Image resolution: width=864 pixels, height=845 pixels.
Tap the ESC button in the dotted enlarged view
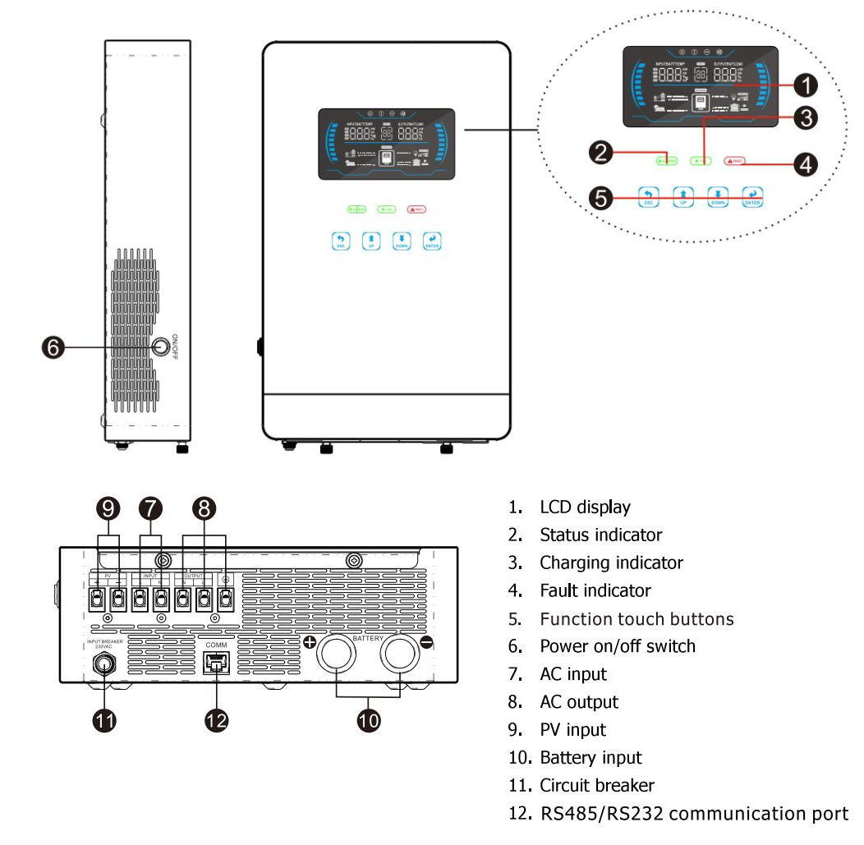coord(648,197)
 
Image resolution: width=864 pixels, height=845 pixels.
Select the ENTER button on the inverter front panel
coord(431,241)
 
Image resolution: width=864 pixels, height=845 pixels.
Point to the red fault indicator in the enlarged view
coord(735,161)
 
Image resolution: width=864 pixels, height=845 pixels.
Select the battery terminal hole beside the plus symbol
coord(338,658)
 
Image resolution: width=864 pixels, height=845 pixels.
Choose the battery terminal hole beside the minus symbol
coord(400,658)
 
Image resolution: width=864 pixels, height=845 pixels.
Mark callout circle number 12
coord(216,720)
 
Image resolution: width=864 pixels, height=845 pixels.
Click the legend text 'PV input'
coord(572,730)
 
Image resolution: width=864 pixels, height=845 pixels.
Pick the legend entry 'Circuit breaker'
coord(596,786)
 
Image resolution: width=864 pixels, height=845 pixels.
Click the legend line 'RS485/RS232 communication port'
coord(693,814)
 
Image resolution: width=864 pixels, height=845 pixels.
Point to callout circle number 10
coord(369,720)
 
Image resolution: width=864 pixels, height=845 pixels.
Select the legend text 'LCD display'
coord(584,507)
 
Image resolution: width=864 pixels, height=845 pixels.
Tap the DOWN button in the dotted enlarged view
coord(718,197)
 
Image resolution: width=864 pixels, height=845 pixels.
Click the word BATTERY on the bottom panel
coord(369,637)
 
